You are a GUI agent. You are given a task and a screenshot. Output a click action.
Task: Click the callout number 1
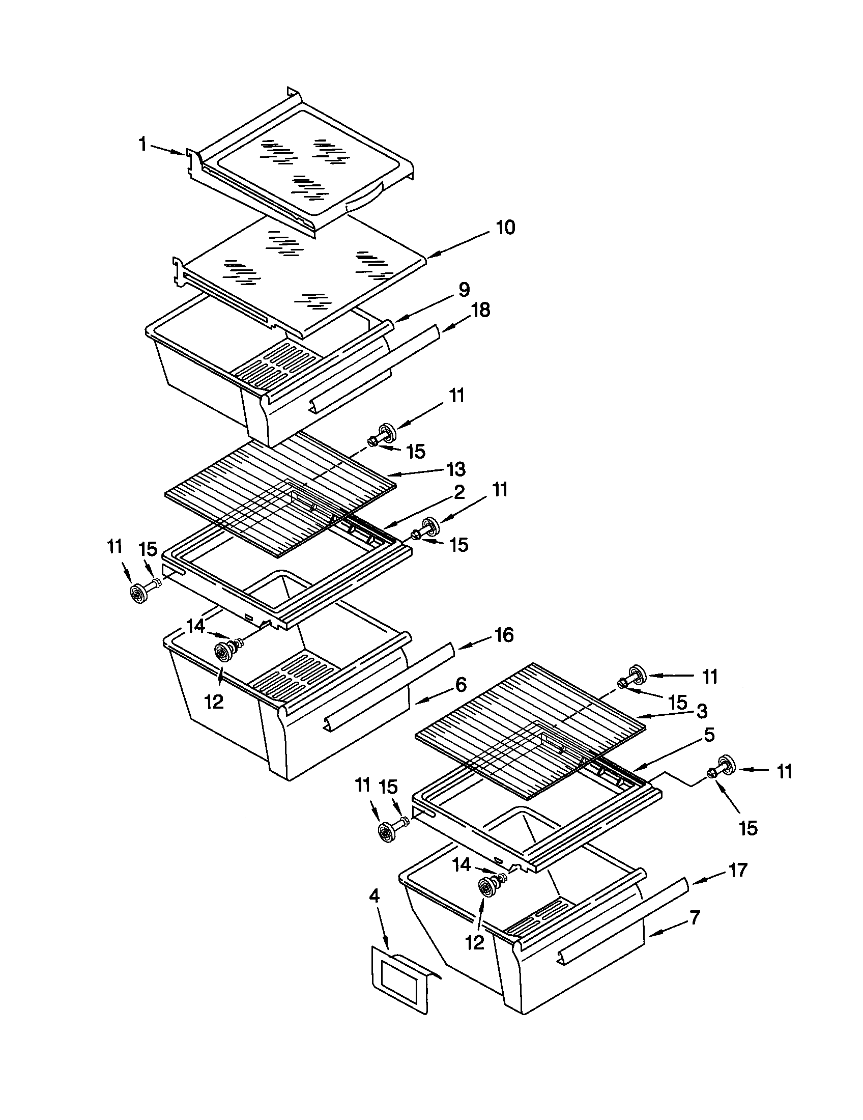[x=143, y=145]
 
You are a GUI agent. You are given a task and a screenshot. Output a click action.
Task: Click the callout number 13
[x=455, y=469]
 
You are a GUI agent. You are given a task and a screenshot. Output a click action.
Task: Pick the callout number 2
[x=459, y=492]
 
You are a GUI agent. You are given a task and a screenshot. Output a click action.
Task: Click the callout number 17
[x=737, y=870]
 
